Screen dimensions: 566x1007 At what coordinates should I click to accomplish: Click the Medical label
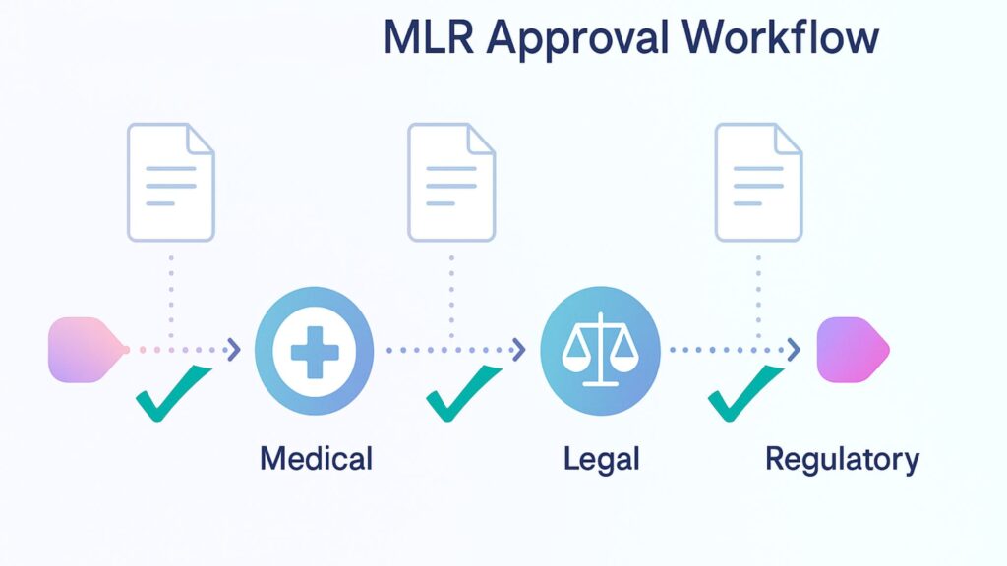(316, 458)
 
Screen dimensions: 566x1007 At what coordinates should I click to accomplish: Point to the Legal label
(602, 458)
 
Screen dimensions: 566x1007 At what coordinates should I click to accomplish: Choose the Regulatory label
(842, 458)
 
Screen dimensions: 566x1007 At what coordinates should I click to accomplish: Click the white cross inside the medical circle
(314, 350)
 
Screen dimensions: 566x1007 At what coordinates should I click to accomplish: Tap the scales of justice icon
(598, 350)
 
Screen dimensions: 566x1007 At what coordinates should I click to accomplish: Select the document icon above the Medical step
(171, 182)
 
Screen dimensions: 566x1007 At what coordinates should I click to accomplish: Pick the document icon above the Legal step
(452, 182)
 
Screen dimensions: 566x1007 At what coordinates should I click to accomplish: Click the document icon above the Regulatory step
(758, 182)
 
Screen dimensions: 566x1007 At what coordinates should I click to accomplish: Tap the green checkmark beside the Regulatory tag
(743, 392)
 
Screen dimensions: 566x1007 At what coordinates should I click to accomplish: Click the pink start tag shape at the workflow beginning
(85, 349)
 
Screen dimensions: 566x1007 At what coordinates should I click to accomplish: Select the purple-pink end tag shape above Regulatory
(852, 349)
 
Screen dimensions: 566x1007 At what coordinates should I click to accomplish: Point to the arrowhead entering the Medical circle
(233, 349)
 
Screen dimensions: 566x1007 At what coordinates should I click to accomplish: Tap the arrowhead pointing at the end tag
(792, 349)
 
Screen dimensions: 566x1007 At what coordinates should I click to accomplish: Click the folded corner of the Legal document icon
(481, 140)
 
